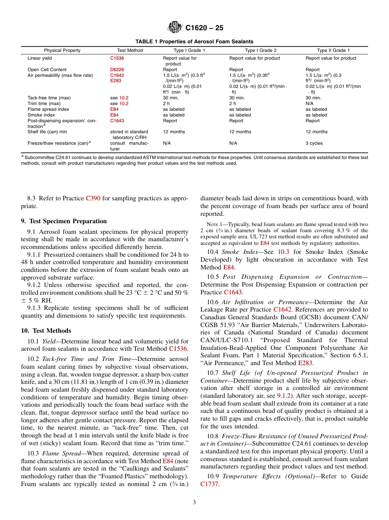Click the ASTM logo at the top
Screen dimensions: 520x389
point(175,28)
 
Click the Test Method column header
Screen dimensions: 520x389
point(130,50)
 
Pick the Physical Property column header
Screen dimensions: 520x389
point(62,50)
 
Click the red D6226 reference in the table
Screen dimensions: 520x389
point(117,69)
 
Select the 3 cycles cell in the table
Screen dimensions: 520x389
point(314,143)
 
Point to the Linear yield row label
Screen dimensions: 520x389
point(40,58)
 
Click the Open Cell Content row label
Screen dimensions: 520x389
point(47,69)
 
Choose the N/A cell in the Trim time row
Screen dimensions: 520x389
point(310,104)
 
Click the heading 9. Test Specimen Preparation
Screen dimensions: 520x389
point(63,221)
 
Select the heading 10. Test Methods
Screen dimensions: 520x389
point(46,331)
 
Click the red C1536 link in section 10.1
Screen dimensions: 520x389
point(178,349)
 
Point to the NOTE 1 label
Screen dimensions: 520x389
point(214,224)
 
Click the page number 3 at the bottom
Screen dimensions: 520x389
point(194,502)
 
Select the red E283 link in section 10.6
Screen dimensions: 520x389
point(305,363)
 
